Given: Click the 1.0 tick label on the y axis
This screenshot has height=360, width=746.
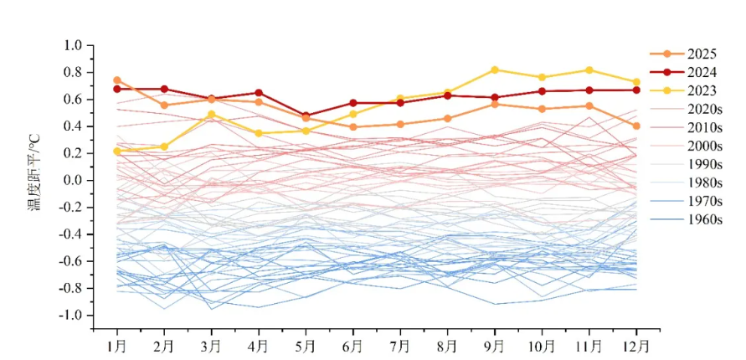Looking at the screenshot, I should (x=73, y=45).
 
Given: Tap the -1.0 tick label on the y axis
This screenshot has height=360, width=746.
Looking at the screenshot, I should (x=71, y=316).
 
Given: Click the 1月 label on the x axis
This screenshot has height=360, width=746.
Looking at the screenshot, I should (x=117, y=344).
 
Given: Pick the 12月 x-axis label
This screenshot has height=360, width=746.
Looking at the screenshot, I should (x=636, y=344).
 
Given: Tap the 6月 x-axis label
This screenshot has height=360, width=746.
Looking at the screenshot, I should (x=353, y=344).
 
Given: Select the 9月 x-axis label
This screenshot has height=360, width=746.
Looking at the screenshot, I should (x=495, y=344).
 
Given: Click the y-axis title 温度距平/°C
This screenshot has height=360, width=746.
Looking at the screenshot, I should (x=34, y=181).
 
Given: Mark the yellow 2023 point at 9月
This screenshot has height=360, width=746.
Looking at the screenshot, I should (x=495, y=70).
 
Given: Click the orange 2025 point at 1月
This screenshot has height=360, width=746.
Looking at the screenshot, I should (x=117, y=80).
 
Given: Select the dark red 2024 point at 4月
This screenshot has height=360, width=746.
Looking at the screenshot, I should (x=259, y=93).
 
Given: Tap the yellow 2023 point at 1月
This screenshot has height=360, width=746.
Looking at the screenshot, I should (x=117, y=152).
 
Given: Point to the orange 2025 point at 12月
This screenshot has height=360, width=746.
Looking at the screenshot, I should (x=636, y=126).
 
